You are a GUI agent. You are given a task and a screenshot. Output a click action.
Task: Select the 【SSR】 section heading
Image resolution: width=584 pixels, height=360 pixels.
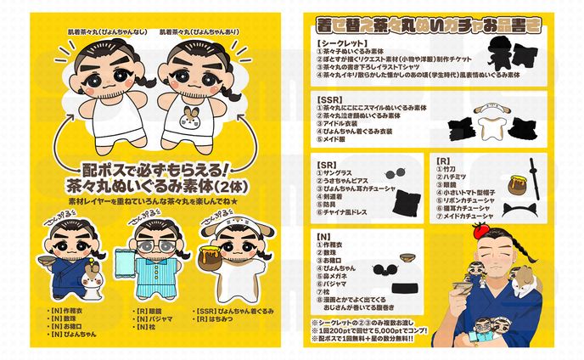(327, 99)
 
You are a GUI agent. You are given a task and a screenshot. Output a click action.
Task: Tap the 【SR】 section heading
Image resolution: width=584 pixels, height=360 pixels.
(324, 159)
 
